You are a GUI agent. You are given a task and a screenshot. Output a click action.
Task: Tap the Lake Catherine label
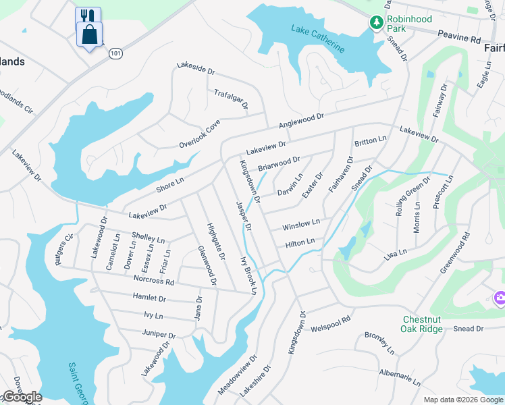point(318,38)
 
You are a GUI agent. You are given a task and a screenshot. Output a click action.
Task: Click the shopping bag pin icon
point(89,34)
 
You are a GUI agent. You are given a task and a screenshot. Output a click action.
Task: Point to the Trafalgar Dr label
point(232,100)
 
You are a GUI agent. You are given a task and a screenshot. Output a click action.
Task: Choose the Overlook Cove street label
point(200,135)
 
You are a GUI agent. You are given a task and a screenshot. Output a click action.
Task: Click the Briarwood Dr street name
point(279,163)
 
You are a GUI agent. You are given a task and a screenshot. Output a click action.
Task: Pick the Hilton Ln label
point(300,242)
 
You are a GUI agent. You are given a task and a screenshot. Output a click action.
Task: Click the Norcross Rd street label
point(154,279)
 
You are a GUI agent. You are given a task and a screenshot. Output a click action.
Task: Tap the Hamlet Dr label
point(149,297)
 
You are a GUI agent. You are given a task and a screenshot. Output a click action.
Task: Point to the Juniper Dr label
point(159,333)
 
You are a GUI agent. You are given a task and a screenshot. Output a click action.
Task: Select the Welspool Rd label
point(331,324)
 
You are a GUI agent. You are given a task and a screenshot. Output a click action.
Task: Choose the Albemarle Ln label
point(400,377)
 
